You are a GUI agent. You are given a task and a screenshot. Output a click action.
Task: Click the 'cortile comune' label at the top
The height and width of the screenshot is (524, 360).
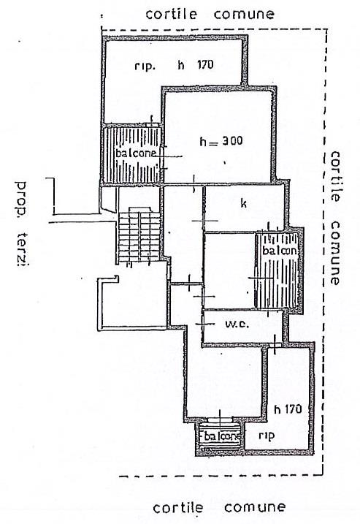pos(210,14)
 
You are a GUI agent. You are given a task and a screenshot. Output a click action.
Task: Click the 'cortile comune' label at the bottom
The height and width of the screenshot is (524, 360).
pos(219,507)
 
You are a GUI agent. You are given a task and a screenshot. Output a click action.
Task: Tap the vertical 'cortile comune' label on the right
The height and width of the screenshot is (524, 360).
pos(334,218)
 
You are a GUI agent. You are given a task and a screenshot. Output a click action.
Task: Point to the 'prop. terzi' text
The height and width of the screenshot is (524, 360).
pos(22,224)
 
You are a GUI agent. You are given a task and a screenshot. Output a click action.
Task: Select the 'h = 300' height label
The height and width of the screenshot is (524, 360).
pos(221,141)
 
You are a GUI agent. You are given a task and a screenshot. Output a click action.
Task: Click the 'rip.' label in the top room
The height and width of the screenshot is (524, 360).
pos(145,66)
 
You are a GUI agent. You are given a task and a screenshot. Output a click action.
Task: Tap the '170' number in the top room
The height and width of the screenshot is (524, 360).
pos(205,64)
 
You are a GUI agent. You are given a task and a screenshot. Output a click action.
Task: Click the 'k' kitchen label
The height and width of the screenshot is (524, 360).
pos(243,203)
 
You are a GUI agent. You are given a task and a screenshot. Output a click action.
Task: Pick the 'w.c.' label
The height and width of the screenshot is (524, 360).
pos(237,324)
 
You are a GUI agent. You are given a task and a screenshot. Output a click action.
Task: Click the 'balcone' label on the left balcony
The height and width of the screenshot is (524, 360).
pos(136,153)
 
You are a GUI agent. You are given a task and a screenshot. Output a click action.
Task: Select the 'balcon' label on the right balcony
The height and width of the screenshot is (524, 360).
pos(280,251)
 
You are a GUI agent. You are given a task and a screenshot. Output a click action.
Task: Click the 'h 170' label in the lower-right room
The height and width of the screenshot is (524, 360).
pos(288,409)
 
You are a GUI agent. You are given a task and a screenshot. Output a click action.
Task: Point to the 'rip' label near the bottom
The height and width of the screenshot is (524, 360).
pos(267,436)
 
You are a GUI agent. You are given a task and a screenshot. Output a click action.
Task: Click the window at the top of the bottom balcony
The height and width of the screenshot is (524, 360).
pos(220,419)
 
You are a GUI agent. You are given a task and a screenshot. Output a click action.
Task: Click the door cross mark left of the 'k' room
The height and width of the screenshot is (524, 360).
pos(204,221)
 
